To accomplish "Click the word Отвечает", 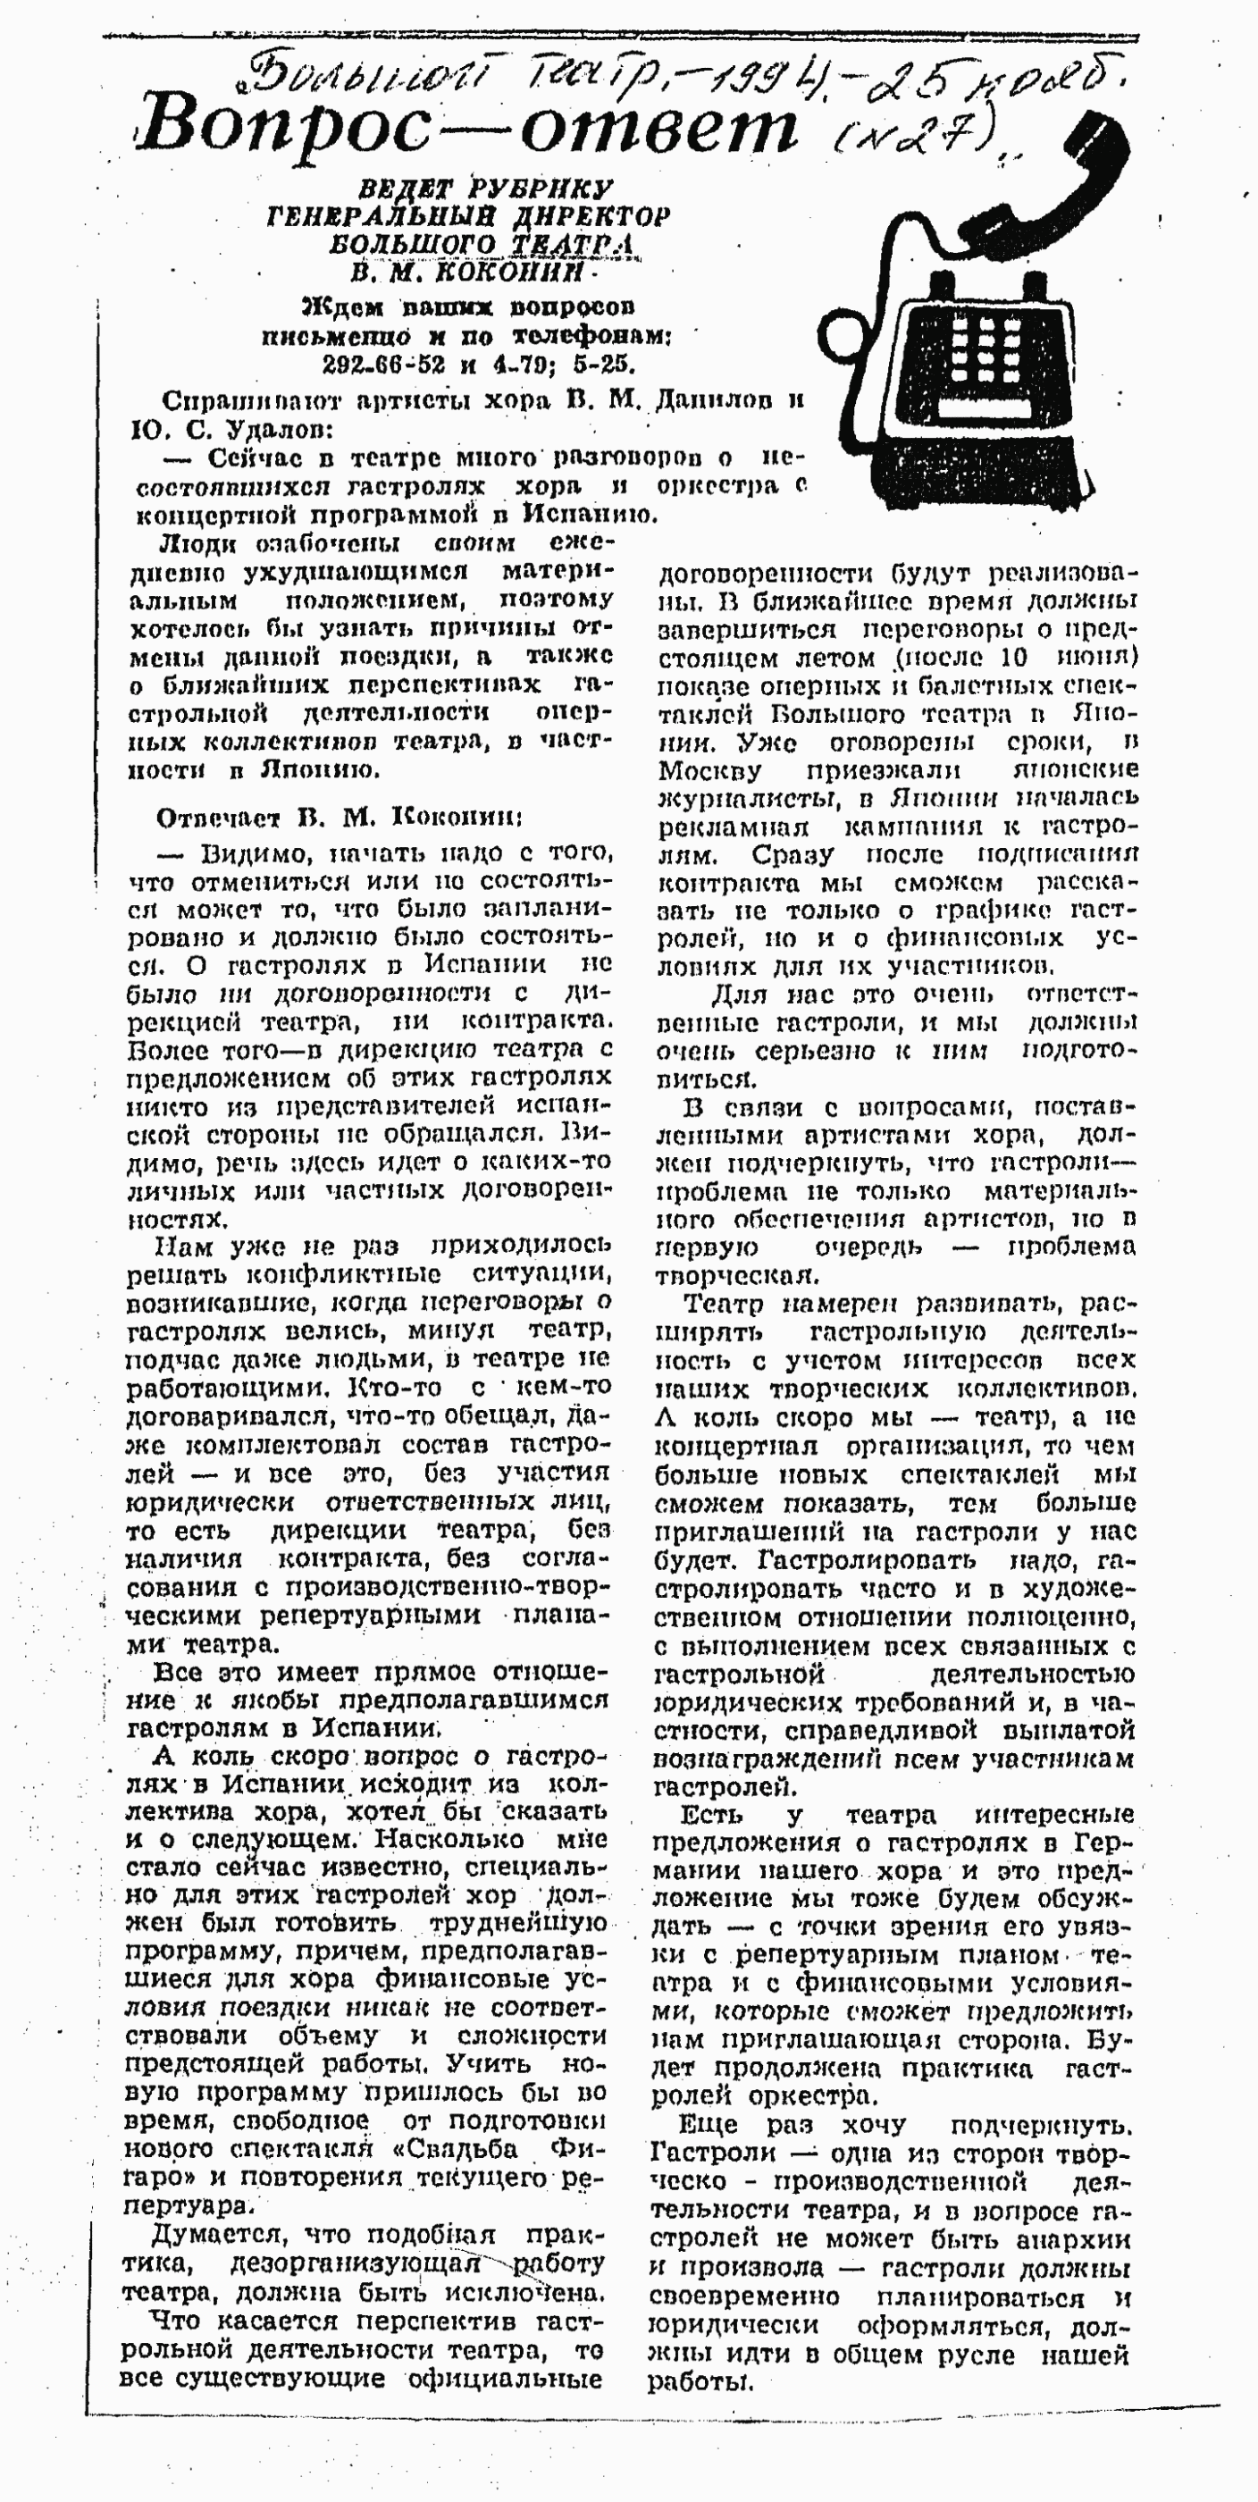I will (x=219, y=818).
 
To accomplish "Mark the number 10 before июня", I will (x=1007, y=658).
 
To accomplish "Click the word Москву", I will (x=709, y=771).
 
